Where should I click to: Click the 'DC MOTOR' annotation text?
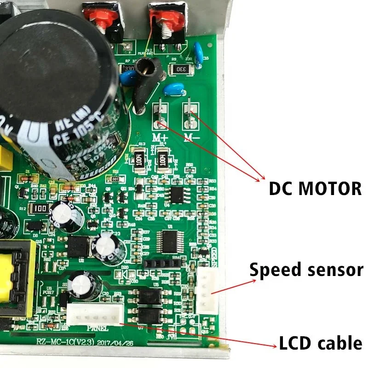pyautogui.click(x=315, y=188)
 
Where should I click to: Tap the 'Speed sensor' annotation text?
pyautogui.click(x=306, y=270)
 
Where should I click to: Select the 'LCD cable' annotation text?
pyautogui.click(x=320, y=343)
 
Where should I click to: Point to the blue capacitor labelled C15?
pyautogui.click(x=199, y=50)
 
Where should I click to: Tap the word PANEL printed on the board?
pyautogui.click(x=98, y=328)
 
